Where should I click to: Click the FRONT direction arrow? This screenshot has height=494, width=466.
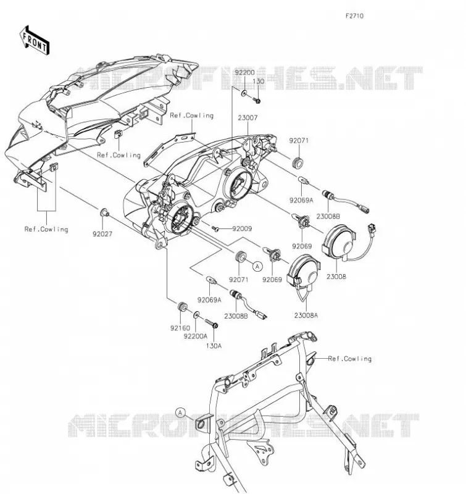(x=35, y=41)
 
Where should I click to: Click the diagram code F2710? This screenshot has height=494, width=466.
(x=354, y=16)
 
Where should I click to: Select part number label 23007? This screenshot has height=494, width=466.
(x=248, y=118)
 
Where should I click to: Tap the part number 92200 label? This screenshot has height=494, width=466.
(x=244, y=72)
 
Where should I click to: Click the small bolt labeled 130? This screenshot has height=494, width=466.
(x=257, y=101)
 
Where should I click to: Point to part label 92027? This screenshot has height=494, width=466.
(x=102, y=234)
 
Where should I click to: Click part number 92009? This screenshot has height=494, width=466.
(x=242, y=228)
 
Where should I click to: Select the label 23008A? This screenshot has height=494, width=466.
(x=306, y=315)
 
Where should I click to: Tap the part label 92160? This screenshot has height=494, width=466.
(x=180, y=328)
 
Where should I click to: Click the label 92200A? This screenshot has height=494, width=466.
(x=196, y=336)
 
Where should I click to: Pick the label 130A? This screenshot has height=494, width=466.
(x=214, y=346)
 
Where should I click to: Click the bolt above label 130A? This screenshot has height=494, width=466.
(x=212, y=323)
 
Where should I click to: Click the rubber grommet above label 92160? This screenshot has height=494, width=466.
(x=182, y=306)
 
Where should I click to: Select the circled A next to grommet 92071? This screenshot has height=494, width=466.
(x=257, y=267)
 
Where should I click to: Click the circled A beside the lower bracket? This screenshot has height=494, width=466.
(x=180, y=412)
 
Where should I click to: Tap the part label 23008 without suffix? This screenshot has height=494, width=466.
(x=336, y=277)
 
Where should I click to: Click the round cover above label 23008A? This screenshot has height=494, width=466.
(x=303, y=272)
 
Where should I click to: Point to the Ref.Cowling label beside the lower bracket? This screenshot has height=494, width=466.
(x=350, y=359)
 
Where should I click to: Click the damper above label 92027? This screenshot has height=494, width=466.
(x=104, y=213)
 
